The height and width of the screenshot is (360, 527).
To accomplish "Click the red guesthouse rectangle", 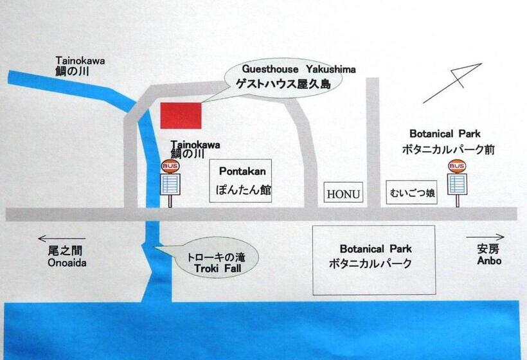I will tap(181, 115).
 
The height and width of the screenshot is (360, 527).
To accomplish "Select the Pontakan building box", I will tap(241, 181).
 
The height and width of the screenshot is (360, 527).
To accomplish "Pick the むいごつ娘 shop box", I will tap(412, 192).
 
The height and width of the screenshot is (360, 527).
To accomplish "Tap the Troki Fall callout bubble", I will tap(215, 259).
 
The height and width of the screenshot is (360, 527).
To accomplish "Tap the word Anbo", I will tap(488, 261).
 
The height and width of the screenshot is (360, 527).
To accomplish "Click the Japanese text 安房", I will tap(488, 249).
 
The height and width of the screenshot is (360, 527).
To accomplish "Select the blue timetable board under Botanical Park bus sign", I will tap(458, 184).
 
